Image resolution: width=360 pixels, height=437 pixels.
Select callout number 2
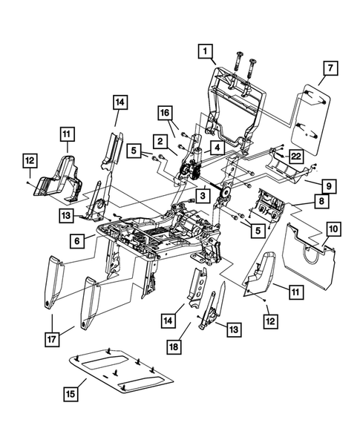[x=160, y=139]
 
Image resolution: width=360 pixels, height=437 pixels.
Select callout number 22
[x=295, y=156]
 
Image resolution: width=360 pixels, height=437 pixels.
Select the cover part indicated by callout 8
[x=269, y=208]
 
